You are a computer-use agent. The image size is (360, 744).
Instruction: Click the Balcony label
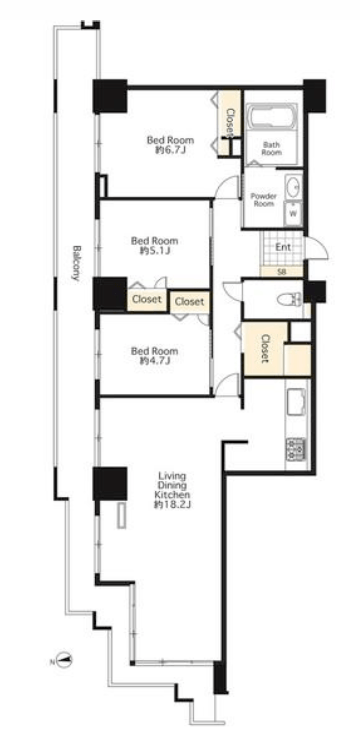76,263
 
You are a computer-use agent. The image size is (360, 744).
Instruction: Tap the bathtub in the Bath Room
272,117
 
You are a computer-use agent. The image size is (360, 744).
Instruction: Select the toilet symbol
289,299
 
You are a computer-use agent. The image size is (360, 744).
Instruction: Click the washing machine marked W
293,213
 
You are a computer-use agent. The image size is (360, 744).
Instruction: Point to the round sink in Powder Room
294,186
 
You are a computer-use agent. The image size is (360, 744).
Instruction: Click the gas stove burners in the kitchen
295,449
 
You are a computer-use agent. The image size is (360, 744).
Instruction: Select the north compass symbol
64,660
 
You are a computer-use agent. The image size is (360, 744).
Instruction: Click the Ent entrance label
284,247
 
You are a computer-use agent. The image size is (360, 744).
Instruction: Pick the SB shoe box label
281,271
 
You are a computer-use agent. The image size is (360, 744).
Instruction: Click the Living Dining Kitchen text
172,484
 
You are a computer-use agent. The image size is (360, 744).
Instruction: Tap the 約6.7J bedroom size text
170,150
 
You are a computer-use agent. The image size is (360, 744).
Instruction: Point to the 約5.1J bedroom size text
155,251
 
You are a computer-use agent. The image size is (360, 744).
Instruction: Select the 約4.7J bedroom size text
155,361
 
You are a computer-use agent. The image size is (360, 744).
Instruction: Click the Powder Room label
264,200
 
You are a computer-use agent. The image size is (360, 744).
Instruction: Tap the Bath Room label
272,149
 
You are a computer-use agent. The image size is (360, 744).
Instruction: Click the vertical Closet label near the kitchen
265,349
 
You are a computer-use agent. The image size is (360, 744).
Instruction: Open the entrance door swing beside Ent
316,247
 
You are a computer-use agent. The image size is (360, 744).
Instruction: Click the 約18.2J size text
172,505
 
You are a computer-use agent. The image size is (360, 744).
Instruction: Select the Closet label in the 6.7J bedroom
230,123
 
